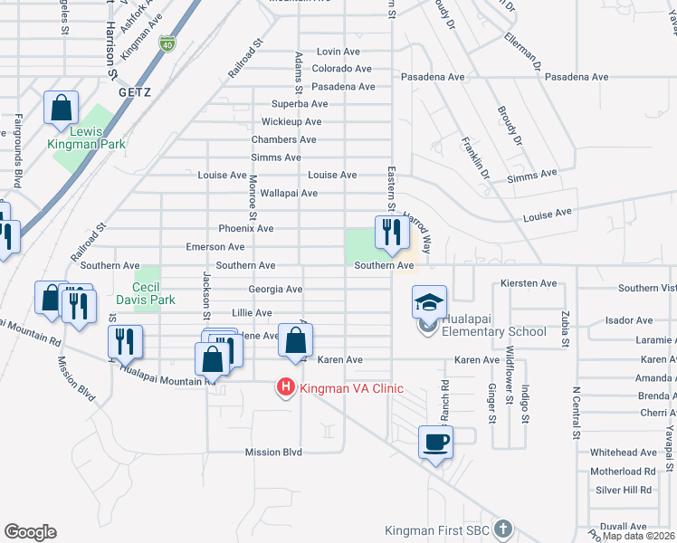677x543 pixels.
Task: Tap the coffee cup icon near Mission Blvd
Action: tap(435, 442)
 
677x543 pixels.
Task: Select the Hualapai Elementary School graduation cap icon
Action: tap(430, 302)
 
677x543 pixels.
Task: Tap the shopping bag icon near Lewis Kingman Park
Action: tap(61, 108)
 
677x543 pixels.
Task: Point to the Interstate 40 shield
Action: tap(167, 43)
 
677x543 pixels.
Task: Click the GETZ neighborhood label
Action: tap(133, 92)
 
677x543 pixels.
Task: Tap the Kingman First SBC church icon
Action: tap(504, 528)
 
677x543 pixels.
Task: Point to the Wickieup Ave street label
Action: tap(291, 121)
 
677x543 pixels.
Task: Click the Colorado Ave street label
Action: tap(341, 69)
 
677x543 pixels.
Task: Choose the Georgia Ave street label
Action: tap(275, 290)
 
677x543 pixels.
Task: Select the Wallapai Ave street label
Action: tap(289, 193)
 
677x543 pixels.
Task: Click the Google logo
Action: tap(30, 532)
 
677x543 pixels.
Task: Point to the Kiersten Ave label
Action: tap(529, 284)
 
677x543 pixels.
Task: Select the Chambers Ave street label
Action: tap(283, 139)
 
